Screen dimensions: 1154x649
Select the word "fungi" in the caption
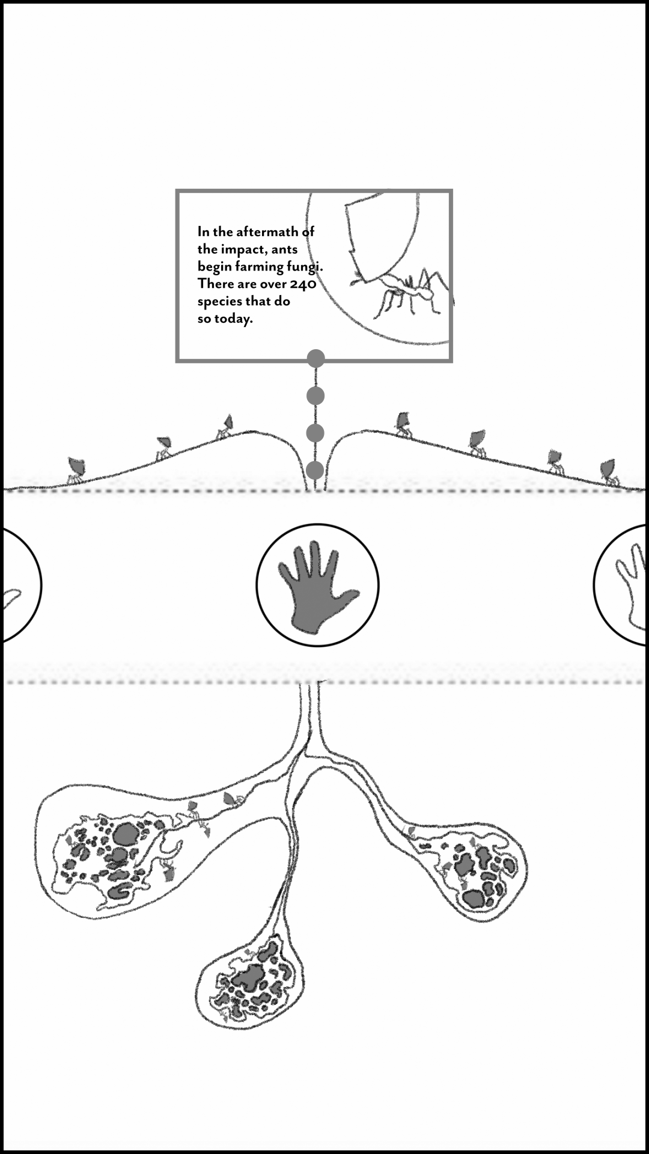coord(303,267)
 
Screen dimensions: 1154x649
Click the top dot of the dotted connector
coord(315,359)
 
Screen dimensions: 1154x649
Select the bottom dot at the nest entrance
coord(315,470)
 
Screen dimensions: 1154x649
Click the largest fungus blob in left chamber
coord(126,834)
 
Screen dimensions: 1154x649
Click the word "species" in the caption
coord(219,301)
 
